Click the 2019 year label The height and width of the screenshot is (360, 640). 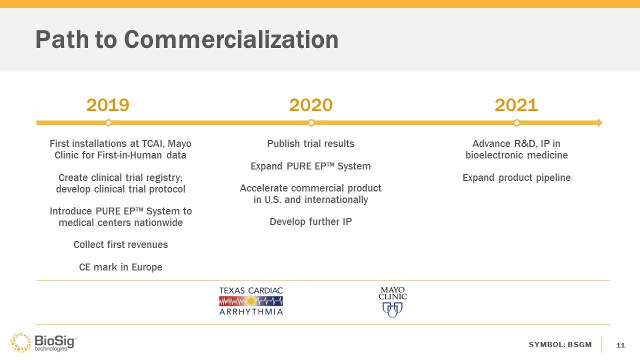coord(107,105)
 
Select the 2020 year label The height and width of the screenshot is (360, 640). coord(311,105)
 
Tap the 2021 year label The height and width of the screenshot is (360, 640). coord(516,105)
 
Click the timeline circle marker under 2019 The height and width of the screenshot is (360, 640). coord(108,123)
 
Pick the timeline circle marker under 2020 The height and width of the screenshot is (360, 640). coord(311,123)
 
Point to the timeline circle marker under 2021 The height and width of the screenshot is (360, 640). coord(516,123)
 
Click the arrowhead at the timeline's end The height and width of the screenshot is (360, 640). coord(600,123)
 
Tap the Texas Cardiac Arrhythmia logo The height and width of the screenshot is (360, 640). coord(251,301)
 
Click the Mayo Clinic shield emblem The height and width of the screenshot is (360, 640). coord(392,310)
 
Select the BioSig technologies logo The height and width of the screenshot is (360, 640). coord(43,342)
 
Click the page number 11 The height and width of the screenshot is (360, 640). coord(620,345)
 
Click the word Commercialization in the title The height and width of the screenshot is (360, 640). coord(231,39)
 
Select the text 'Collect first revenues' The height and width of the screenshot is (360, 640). coord(120,244)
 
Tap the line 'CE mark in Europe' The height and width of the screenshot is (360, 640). coord(120,267)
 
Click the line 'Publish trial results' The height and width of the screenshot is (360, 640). coord(310,143)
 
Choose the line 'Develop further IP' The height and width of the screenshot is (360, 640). coord(310,221)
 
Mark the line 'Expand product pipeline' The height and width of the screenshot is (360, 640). coord(516,177)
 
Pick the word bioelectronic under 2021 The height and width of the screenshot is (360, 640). coord(493,155)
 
